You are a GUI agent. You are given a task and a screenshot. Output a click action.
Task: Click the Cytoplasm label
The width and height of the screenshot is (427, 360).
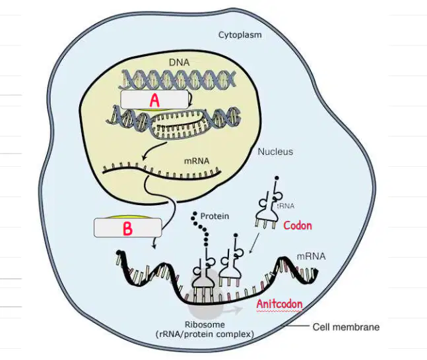240,35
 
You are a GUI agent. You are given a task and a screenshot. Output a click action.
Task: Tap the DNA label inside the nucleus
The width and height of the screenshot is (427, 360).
179,63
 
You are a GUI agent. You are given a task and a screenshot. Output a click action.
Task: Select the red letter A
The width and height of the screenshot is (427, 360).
154,100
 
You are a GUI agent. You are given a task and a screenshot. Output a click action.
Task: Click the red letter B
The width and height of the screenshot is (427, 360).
127,229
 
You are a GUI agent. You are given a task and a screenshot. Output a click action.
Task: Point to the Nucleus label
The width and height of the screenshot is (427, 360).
275,152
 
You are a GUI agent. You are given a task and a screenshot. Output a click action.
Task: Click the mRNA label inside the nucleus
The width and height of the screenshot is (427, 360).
197,161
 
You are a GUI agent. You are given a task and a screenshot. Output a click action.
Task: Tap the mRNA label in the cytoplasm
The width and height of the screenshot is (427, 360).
311,256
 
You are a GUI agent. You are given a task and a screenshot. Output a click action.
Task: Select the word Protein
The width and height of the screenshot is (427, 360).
214,216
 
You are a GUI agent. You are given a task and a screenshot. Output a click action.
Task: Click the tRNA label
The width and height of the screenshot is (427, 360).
286,206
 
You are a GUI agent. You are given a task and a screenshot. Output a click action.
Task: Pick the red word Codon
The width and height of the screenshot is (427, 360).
298,225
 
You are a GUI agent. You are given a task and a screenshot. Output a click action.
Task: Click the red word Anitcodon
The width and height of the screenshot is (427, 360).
279,304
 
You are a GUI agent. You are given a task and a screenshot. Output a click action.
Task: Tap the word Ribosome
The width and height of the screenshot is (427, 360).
205,324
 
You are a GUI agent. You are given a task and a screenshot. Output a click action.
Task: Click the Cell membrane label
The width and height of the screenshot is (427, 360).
346,327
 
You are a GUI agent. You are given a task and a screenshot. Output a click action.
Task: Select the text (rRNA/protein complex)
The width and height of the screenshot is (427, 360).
205,334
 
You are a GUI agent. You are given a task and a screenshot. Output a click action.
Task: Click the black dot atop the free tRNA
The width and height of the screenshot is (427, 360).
277,178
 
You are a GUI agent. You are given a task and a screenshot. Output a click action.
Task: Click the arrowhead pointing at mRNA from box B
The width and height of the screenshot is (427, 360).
154,247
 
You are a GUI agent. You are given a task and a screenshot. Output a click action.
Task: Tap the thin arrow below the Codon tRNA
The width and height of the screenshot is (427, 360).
254,243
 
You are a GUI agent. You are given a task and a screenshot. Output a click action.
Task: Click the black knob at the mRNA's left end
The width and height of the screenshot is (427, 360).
119,253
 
